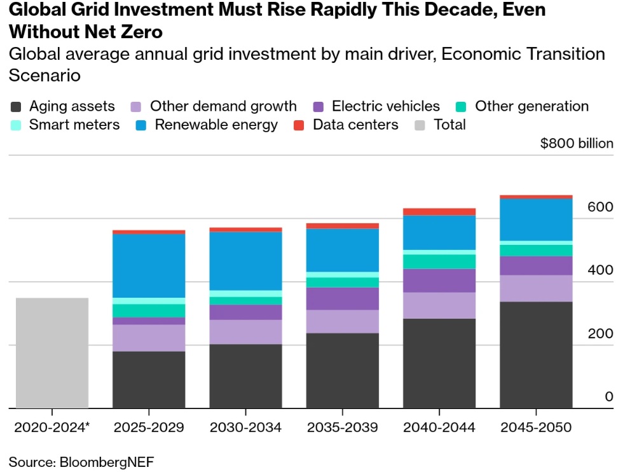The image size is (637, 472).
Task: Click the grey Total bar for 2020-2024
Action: click(52, 352)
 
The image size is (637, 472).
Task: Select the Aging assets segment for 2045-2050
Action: click(536, 354)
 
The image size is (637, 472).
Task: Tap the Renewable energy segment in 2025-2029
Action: click(149, 265)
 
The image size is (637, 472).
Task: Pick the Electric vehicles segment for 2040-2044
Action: click(439, 281)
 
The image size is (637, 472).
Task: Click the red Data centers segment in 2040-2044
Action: click(439, 212)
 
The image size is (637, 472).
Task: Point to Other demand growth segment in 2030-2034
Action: click(245, 331)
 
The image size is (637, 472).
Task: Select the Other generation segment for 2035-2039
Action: click(343, 282)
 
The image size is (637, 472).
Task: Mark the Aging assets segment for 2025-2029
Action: click(149, 379)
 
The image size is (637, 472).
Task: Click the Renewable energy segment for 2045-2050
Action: click(536, 220)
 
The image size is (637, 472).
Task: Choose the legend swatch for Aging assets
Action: click(17, 106)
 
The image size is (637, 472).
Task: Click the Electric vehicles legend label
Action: click(385, 106)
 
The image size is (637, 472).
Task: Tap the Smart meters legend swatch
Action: click(17, 125)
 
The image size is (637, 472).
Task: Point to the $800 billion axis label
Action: click(577, 143)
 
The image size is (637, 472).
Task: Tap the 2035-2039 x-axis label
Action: click(343, 427)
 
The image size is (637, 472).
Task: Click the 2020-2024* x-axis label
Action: click(52, 427)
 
